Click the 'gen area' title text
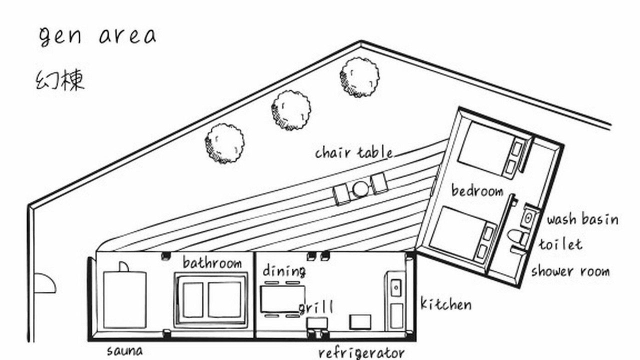coord(97,36)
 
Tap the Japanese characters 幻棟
coord(60,80)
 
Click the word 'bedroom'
coord(477,190)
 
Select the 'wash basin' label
coord(582,219)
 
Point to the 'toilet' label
coord(560,244)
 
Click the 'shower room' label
coord(570,271)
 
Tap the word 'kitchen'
coord(446,304)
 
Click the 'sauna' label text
coord(125,351)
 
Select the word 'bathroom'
coord(212,262)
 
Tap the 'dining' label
coord(284,271)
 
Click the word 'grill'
coord(315,307)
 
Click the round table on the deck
coord(360,189)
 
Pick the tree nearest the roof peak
coord(359,77)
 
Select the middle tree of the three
coord(291,110)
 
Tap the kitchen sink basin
coord(396,287)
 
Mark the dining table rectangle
coord(282,299)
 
